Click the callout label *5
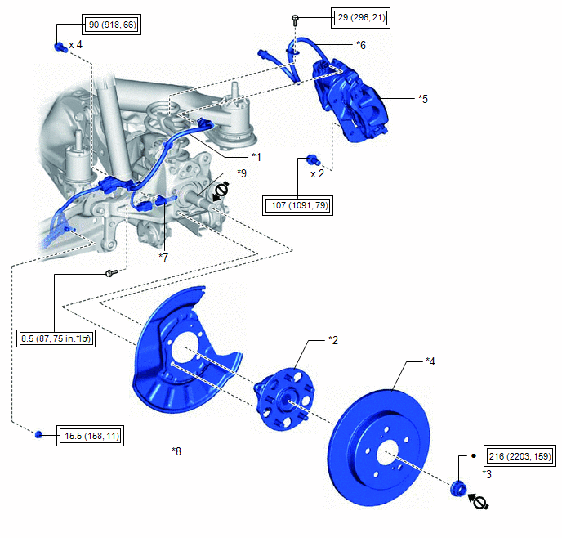click(x=422, y=99)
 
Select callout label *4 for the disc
click(x=430, y=361)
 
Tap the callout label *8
click(x=176, y=450)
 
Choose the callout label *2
click(x=332, y=338)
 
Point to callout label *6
click(x=362, y=45)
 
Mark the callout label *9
click(x=241, y=173)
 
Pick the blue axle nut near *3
click(x=458, y=489)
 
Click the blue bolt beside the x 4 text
click(x=60, y=47)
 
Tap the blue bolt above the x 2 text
click(x=312, y=159)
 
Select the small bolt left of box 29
click(x=294, y=18)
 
